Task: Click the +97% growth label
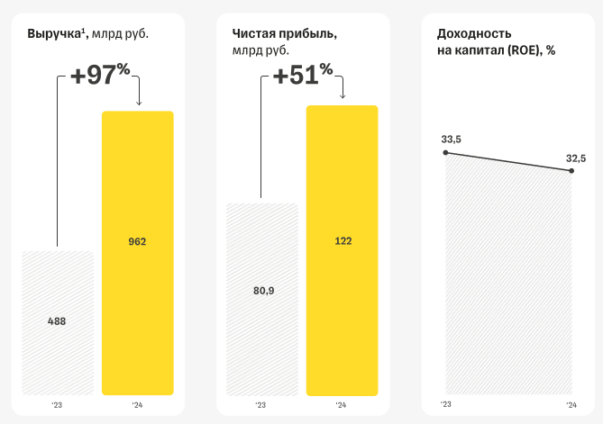(101, 76)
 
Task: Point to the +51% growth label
(303, 76)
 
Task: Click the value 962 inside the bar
(137, 241)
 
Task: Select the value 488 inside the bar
(57, 321)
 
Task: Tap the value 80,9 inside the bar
(262, 291)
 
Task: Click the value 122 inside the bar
(343, 240)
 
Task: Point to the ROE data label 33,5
(451, 139)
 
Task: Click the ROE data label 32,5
(576, 158)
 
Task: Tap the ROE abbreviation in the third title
(525, 50)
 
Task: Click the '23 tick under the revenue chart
(57, 406)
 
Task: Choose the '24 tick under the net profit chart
(341, 406)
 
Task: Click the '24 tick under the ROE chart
(571, 406)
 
